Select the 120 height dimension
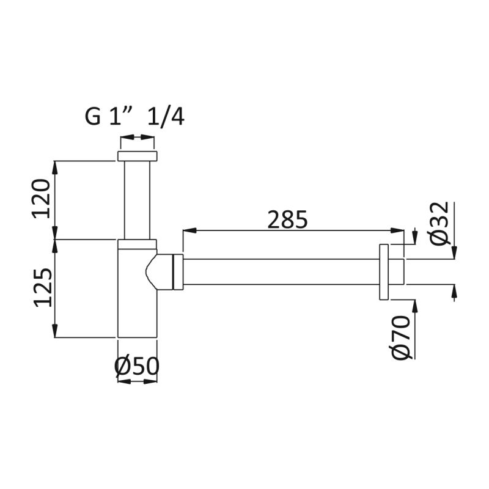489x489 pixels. (42, 199)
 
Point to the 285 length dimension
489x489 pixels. (287, 219)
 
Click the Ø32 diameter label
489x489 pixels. (439, 223)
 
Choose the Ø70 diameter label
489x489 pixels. (402, 337)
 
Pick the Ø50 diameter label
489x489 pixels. (137, 366)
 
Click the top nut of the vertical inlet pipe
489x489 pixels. (138, 156)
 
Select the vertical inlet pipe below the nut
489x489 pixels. (138, 199)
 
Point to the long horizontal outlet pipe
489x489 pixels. (281, 271)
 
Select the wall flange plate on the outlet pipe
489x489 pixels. (384, 272)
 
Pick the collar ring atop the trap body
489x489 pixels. (138, 244)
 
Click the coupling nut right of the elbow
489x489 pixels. (178, 271)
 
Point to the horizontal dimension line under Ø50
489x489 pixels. (137, 381)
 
